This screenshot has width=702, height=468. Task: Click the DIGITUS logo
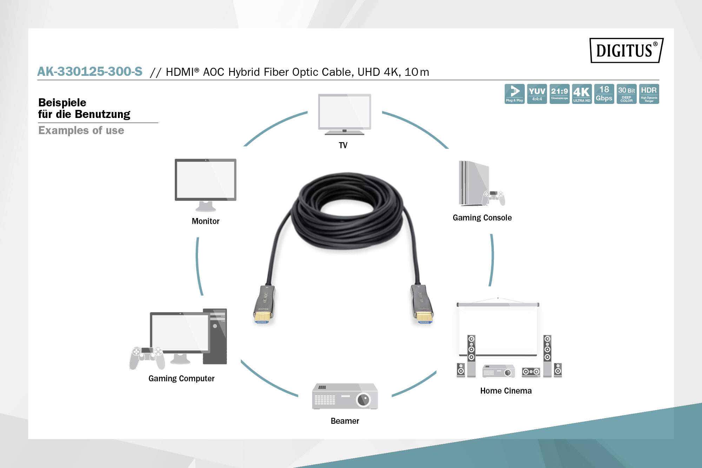626,50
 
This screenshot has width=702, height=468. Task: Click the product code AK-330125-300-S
90,72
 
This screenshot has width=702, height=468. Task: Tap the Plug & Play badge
515,94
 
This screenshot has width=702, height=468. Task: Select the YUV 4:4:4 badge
537,94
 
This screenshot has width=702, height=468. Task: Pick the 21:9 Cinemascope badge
559,94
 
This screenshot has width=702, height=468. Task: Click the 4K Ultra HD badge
582,94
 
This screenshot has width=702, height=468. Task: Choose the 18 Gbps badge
604,94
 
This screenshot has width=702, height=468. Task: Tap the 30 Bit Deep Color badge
627,94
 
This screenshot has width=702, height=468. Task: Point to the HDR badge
649,94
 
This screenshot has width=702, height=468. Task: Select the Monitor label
205,221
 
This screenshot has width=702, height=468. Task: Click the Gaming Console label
482,218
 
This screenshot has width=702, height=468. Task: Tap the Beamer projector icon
345,396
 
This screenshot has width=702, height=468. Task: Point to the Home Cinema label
506,391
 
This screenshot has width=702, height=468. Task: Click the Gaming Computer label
181,378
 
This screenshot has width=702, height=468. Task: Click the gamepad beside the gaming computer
147,357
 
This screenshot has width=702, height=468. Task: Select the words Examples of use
81,131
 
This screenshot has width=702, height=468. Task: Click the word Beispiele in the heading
62,103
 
